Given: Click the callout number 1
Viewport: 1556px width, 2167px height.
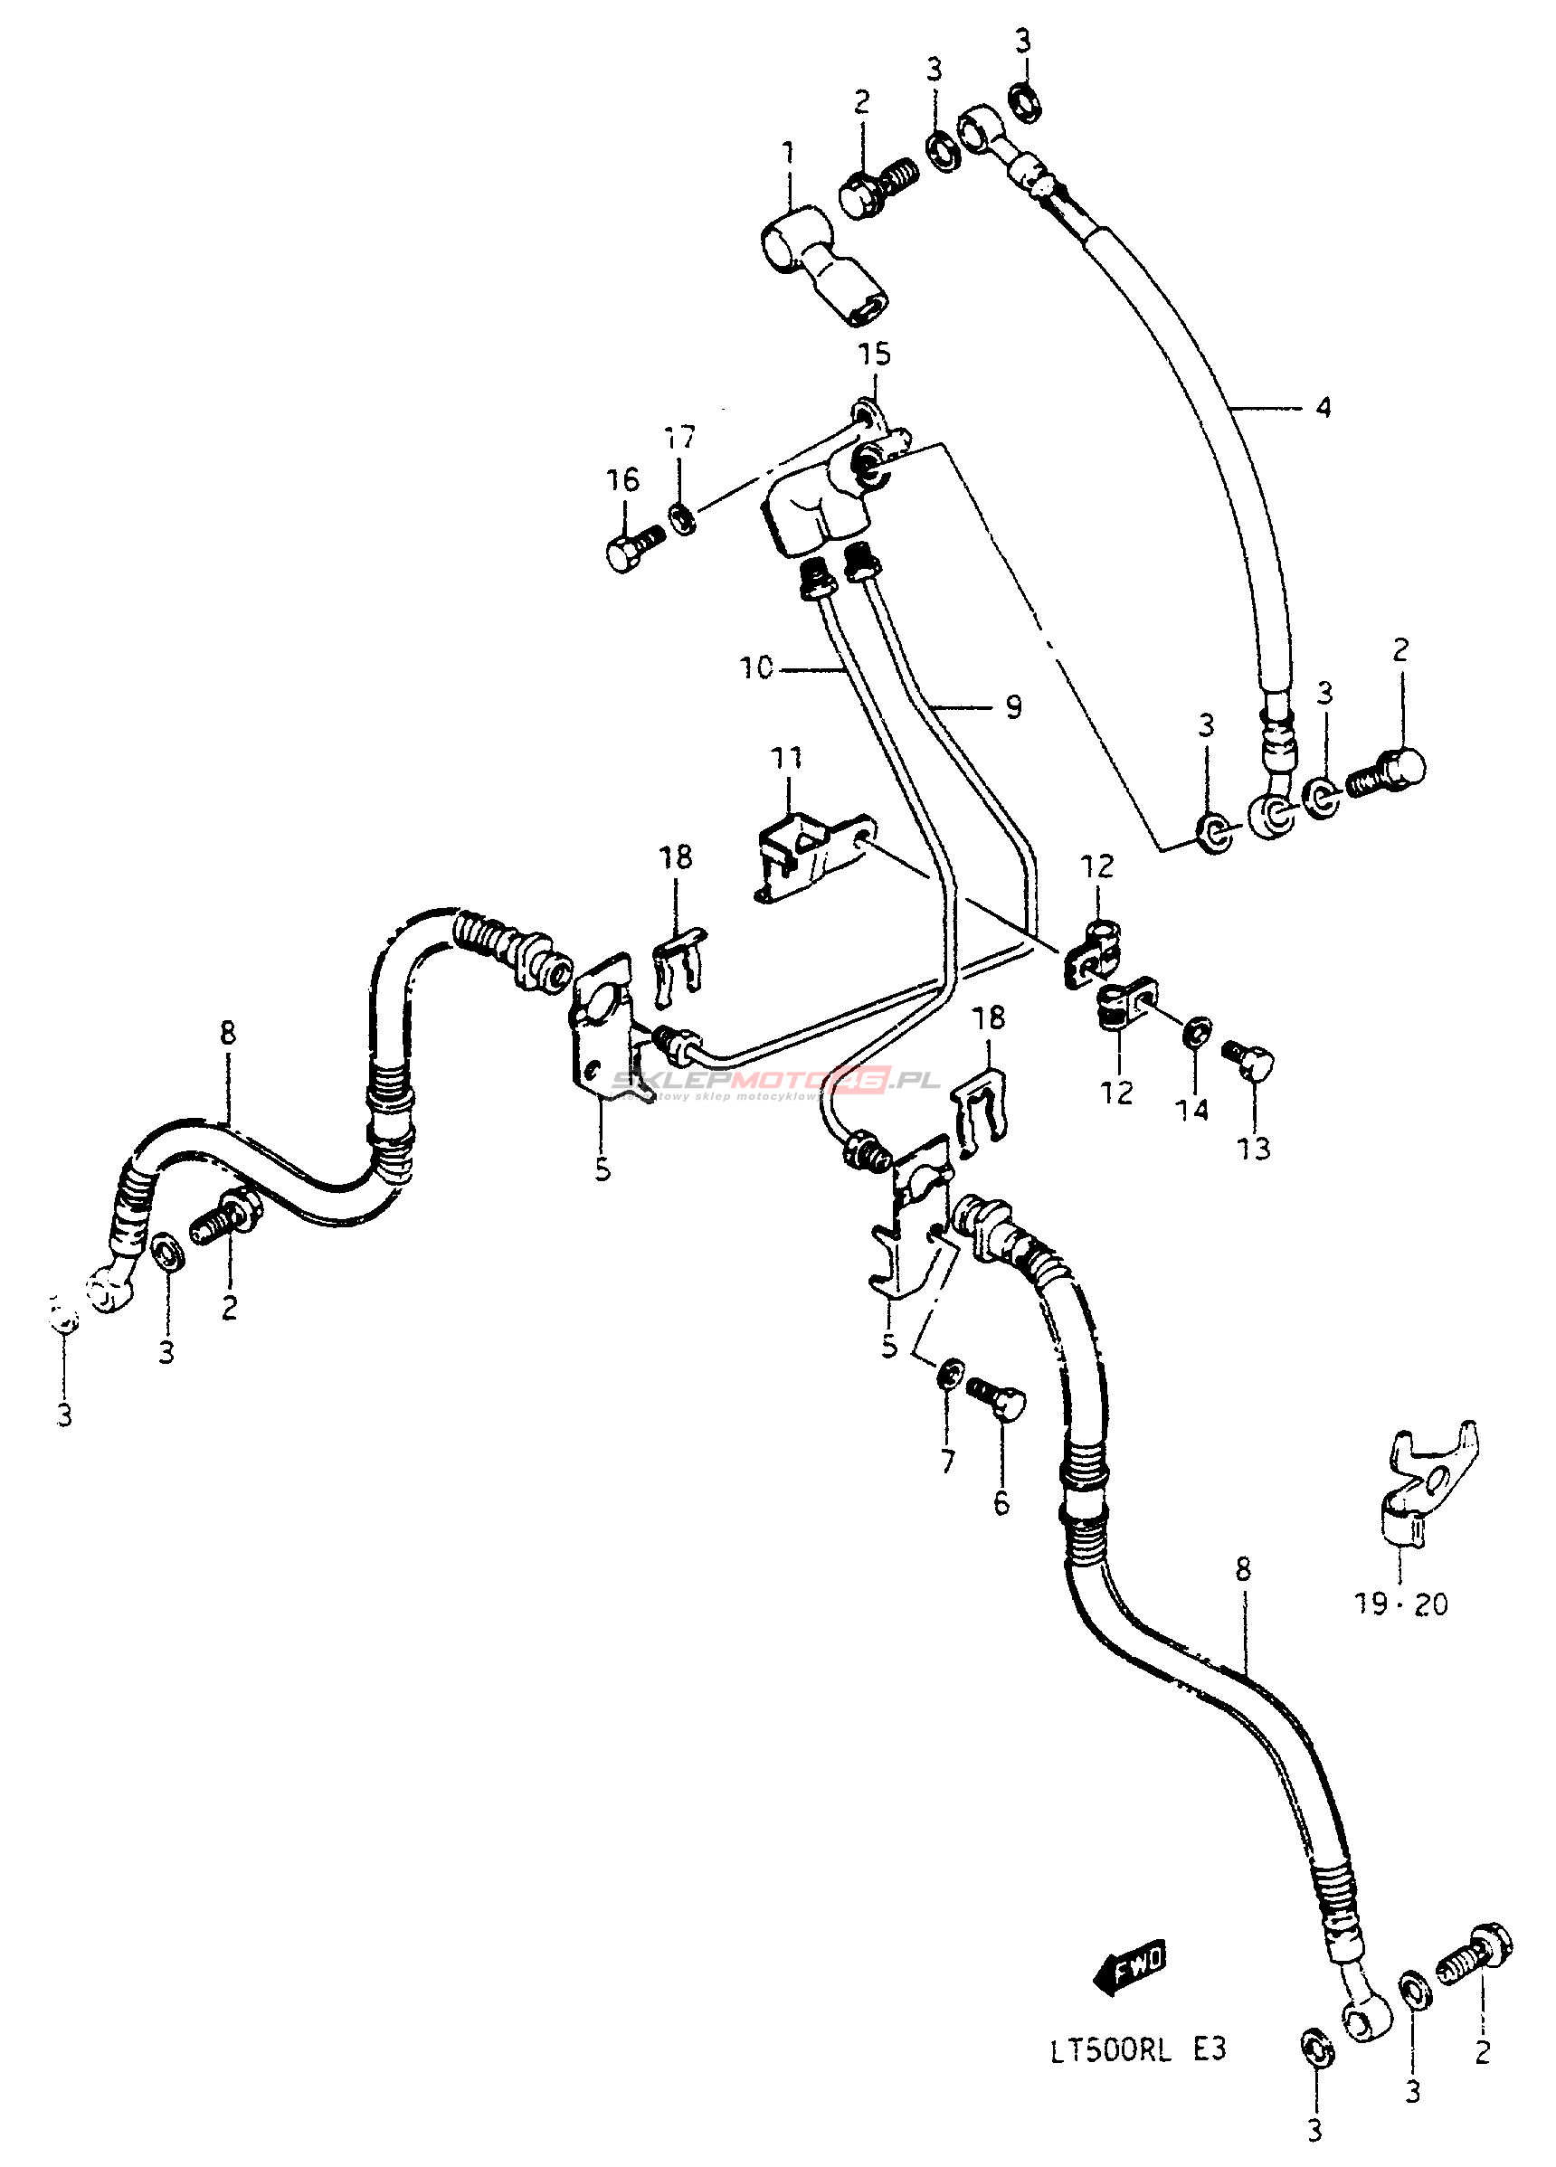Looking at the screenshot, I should click(789, 152).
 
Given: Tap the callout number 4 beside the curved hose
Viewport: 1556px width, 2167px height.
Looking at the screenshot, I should click(1323, 408).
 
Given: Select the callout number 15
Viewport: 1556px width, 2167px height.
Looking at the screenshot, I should click(874, 355).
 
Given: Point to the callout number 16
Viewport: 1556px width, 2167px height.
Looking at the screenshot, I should click(623, 479).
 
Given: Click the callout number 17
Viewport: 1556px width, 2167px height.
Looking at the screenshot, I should click(680, 439).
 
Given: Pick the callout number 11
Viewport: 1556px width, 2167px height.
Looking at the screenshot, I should click(787, 759).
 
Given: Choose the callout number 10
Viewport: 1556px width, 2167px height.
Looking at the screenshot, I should click(756, 667).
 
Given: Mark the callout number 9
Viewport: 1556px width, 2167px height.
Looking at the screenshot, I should click(1013, 707).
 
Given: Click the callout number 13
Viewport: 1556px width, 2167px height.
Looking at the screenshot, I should click(1254, 1148).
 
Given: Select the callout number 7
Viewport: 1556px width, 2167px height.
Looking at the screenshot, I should click(947, 1461).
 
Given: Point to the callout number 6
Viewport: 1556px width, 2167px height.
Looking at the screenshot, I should click(1001, 1503).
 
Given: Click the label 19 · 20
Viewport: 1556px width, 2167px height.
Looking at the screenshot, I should click(1401, 1604).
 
